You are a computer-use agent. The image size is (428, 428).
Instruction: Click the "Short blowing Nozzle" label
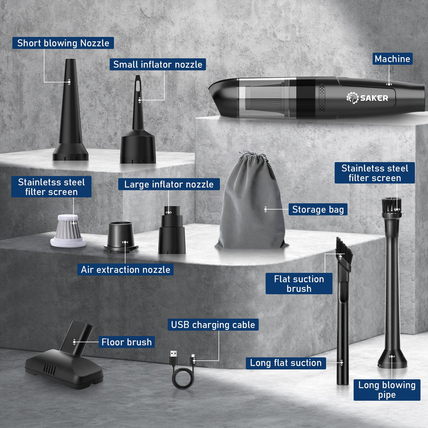(x=63, y=43)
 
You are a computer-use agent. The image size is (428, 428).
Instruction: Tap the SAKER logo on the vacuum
(x=367, y=98)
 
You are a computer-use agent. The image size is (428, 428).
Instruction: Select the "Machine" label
(x=392, y=59)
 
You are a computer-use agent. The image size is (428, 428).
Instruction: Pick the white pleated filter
(x=68, y=231)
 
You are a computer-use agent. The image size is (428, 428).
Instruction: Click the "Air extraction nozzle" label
(x=125, y=270)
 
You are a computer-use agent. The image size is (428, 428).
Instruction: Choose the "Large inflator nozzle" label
(x=169, y=184)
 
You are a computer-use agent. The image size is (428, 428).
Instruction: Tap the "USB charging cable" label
(x=213, y=324)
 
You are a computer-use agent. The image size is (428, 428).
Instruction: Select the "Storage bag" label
(x=318, y=209)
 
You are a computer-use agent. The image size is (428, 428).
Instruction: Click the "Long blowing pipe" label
(x=387, y=390)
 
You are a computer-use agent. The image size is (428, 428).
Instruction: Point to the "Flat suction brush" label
(x=299, y=284)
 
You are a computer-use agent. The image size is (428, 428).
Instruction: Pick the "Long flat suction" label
(x=286, y=363)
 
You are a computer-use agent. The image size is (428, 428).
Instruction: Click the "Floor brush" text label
(x=127, y=342)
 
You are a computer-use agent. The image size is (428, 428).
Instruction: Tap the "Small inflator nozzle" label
(x=158, y=64)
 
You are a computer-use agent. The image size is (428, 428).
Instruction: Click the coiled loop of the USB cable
(x=183, y=378)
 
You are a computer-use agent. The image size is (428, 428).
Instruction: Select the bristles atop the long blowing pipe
(x=392, y=205)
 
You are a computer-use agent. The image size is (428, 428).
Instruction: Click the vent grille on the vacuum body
(x=322, y=98)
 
